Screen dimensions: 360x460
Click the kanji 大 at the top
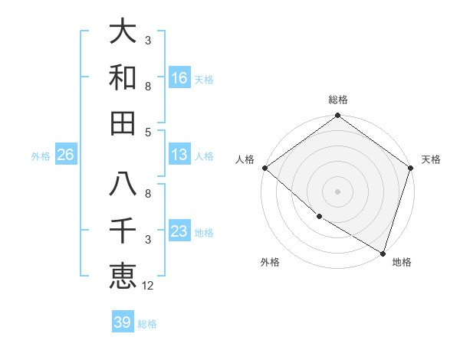123,33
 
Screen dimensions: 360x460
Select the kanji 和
123,78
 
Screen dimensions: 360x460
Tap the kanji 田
123,123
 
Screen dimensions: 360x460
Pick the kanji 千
123,231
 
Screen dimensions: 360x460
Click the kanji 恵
123,276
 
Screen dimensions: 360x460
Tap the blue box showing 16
179,78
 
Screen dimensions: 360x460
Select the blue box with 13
179,155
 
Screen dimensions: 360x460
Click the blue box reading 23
179,231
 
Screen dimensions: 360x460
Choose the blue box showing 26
65,155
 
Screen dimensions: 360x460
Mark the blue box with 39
122,322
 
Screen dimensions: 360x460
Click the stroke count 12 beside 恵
148,286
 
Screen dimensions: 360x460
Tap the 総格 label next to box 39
147,324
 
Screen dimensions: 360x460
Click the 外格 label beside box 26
41,156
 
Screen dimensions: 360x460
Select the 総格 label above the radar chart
338,100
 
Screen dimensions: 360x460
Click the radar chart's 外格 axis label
270,263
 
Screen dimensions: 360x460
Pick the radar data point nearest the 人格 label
264,168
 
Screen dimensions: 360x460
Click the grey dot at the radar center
338,191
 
